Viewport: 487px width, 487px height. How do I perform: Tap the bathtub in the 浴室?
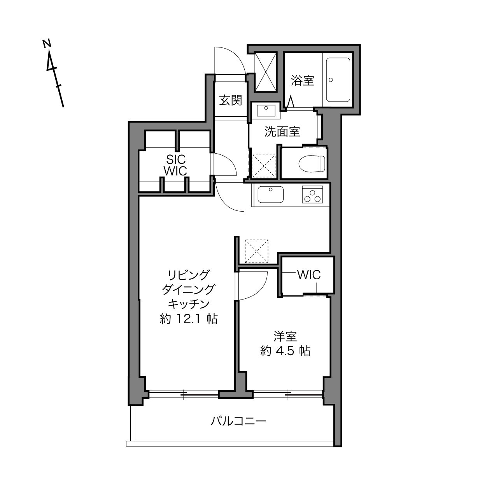[338, 80]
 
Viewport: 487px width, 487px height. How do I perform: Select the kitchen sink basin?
[270, 194]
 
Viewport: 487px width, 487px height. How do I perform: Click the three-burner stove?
[312, 194]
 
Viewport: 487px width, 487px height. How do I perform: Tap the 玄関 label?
[231, 100]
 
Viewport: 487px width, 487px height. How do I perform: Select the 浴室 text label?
[303, 81]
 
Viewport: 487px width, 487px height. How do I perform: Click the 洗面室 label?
[282, 131]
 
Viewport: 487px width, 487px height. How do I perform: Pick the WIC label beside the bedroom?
[309, 275]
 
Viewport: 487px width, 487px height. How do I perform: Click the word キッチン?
[189, 304]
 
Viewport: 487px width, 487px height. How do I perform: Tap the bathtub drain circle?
[331, 80]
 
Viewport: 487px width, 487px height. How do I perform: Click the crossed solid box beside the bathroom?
[265, 72]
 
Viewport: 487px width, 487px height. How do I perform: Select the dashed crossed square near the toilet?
[264, 166]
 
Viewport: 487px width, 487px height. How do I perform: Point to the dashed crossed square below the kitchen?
[256, 251]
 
